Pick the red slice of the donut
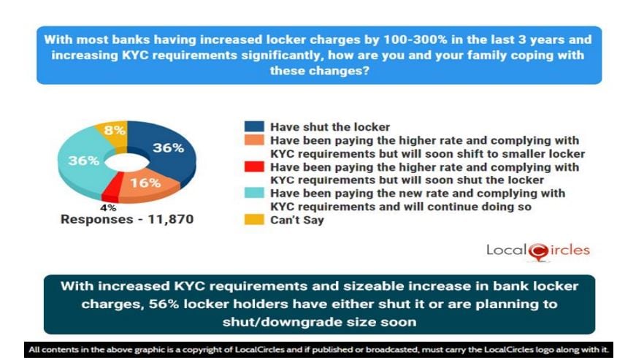(x=110, y=190)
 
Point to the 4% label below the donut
(x=108, y=207)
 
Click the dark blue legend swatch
(x=254, y=126)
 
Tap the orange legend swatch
(x=254, y=140)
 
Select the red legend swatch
(x=254, y=166)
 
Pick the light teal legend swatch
(x=254, y=193)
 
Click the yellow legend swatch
(x=254, y=220)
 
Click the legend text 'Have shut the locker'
(x=330, y=127)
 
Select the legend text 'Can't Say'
(x=296, y=220)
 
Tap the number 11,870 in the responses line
(x=170, y=219)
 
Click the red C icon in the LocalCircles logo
(x=538, y=252)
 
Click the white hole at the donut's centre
(x=127, y=162)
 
